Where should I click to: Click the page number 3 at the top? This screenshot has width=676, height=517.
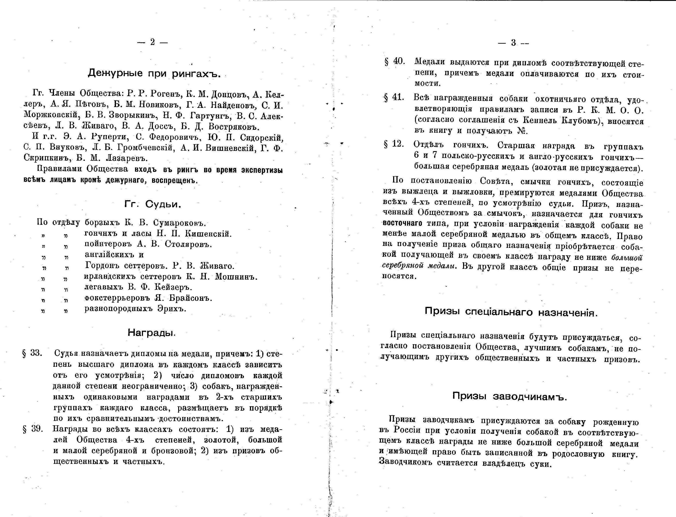tap(513, 43)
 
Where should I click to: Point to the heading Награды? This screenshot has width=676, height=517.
tap(151, 333)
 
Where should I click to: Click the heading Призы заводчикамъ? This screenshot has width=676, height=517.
tap(509, 396)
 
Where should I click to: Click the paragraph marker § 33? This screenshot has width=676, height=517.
tap(32, 353)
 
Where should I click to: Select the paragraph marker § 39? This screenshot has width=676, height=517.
tap(32, 429)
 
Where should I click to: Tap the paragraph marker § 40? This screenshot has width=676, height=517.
tap(395, 62)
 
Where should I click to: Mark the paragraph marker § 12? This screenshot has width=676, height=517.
tap(394, 144)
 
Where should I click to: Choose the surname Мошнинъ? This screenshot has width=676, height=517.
tap(236, 277)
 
